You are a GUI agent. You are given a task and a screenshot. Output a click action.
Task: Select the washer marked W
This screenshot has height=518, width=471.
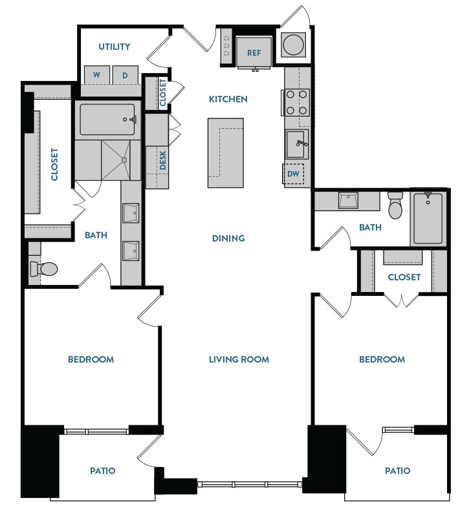click(x=96, y=75)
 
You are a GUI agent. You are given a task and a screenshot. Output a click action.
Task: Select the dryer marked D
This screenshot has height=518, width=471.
click(x=125, y=75)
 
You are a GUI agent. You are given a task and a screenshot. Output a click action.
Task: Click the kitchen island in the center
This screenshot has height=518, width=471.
click(x=226, y=152)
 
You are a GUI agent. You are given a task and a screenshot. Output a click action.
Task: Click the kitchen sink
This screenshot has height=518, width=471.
click(x=297, y=144)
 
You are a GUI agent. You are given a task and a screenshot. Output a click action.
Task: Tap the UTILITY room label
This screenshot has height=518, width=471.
click(x=114, y=47)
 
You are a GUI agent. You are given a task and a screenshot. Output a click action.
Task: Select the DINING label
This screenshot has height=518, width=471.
click(x=228, y=238)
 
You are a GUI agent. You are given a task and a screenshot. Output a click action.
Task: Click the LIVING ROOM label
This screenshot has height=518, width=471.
click(x=239, y=359)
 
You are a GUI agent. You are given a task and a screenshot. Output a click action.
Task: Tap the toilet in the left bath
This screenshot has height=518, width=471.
click(x=44, y=269)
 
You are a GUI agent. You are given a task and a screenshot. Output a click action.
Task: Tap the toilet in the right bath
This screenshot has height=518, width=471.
click(x=395, y=207)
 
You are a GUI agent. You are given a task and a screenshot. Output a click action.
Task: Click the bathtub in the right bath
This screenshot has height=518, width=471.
click(x=428, y=218)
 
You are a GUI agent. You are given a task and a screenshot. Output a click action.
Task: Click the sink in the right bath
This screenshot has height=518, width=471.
click(x=347, y=201)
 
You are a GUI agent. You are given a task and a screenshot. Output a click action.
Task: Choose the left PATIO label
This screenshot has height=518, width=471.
click(x=103, y=471)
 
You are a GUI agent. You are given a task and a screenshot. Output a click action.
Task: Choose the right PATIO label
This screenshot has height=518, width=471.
click(x=397, y=471)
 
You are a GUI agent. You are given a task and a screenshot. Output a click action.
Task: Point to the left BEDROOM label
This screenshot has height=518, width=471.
click(x=91, y=359)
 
